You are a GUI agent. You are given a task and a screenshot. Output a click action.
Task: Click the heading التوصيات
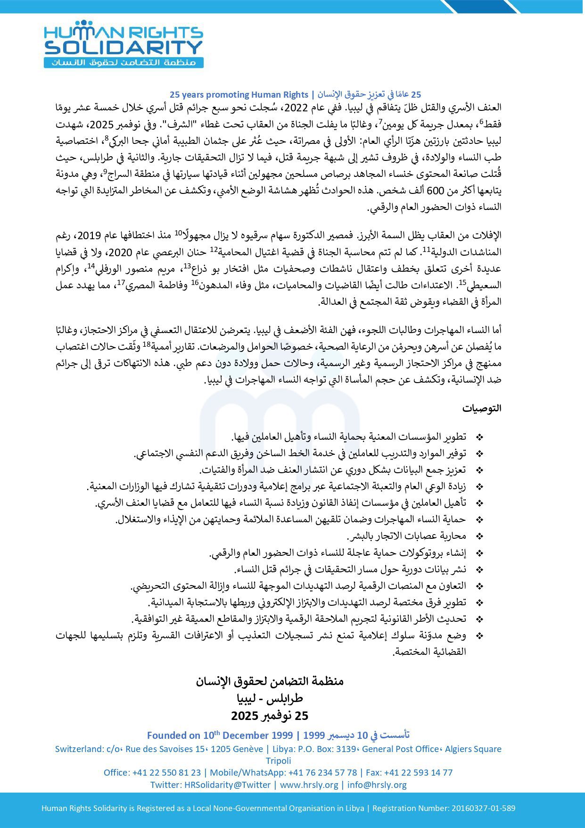click(481, 409)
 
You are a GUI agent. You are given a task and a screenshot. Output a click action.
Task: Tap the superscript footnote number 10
click(178, 232)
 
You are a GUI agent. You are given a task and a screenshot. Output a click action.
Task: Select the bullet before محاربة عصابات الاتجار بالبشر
click(480, 536)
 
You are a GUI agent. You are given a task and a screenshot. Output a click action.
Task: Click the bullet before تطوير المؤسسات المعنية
click(480, 437)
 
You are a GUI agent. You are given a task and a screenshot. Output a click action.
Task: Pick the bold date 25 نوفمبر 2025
click(270, 716)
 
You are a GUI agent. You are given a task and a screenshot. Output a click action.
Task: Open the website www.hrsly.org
click(309, 785)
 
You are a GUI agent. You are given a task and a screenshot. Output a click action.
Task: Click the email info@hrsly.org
click(377, 785)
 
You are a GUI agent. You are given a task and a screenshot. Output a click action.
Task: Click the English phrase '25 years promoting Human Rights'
click(239, 94)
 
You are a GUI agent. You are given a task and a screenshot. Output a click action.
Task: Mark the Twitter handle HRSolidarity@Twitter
click(228, 785)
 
